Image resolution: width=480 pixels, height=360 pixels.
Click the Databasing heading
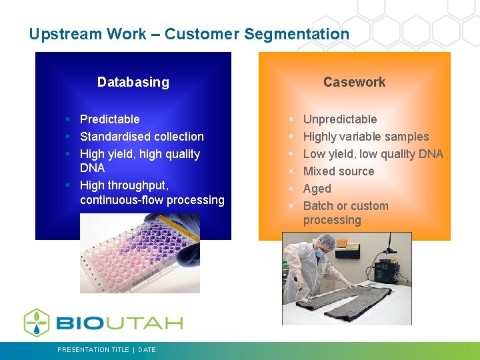pyautogui.click(x=133, y=82)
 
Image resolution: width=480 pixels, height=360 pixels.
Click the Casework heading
pyautogui.click(x=354, y=82)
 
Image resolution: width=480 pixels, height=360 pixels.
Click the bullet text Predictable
pyautogui.click(x=109, y=119)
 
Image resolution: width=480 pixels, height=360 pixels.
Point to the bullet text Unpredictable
pyautogui.click(x=340, y=119)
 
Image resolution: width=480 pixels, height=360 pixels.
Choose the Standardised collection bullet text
pyautogui.click(x=141, y=137)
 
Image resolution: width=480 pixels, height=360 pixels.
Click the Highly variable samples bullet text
pyautogui.click(x=366, y=137)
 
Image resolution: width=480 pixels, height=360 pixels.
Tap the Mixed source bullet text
pyautogui.click(x=339, y=171)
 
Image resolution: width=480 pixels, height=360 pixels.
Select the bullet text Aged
pyautogui.click(x=317, y=189)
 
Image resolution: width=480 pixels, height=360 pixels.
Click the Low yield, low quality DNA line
pyautogui.click(x=373, y=154)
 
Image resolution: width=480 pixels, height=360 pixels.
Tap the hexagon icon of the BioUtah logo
pyautogui.click(x=37, y=323)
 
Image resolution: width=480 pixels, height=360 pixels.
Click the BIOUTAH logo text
pyautogui.click(x=119, y=323)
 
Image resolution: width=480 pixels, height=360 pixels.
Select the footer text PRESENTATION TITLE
pyautogui.click(x=93, y=349)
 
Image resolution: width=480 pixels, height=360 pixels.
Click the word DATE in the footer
pyautogui.click(x=147, y=349)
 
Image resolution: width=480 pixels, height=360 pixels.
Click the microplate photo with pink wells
pyautogui.click(x=139, y=253)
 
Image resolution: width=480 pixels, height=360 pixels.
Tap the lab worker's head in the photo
pyautogui.click(x=318, y=246)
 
